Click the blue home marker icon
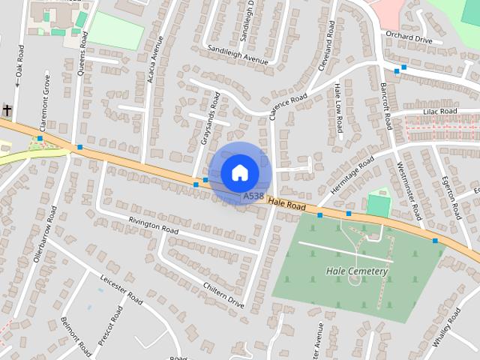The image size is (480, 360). coord(239,172)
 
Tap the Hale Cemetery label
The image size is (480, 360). coord(357,271)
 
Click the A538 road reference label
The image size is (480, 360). coord(253,196)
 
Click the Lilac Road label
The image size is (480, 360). coord(440,111)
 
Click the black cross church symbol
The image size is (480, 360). coord(7,111)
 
